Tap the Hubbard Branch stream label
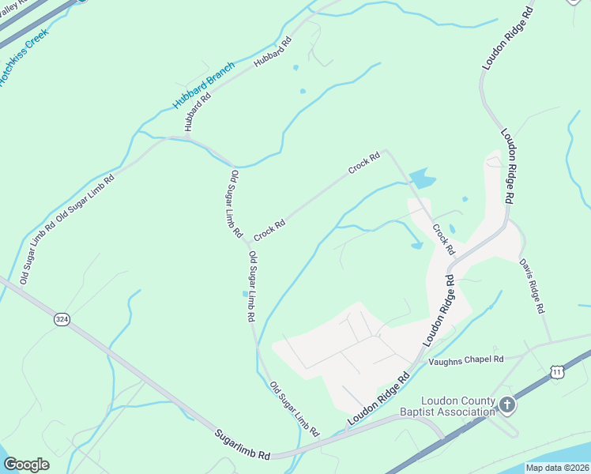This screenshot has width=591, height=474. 203,85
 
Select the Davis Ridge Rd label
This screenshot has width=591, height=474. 533,285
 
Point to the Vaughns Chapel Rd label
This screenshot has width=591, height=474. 465,360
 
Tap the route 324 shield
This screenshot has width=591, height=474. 62,319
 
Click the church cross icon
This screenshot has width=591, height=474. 507,405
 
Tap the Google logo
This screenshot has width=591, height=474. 26,464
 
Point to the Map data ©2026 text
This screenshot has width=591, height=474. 557,468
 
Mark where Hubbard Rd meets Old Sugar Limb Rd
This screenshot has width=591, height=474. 188,137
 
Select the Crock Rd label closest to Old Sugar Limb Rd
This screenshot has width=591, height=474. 269,229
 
